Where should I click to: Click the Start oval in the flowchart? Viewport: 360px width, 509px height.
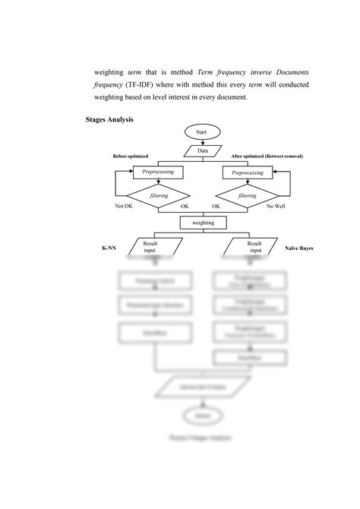click(x=201, y=132)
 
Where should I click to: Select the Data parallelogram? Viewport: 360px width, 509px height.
click(x=202, y=150)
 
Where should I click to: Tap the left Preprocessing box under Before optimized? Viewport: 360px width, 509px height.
click(x=158, y=172)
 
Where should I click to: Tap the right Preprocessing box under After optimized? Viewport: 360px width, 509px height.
click(x=247, y=172)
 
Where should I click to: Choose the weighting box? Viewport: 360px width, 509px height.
click(x=202, y=223)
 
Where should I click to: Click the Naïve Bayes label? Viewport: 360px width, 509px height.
click(x=299, y=248)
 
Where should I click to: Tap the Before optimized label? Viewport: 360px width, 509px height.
click(x=131, y=156)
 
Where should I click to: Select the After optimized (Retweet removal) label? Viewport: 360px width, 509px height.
click(x=267, y=156)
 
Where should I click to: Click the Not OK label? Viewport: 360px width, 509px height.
click(x=125, y=206)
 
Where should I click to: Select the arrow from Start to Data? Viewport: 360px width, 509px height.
click(x=202, y=141)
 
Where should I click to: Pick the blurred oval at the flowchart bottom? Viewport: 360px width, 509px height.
click(x=202, y=416)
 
